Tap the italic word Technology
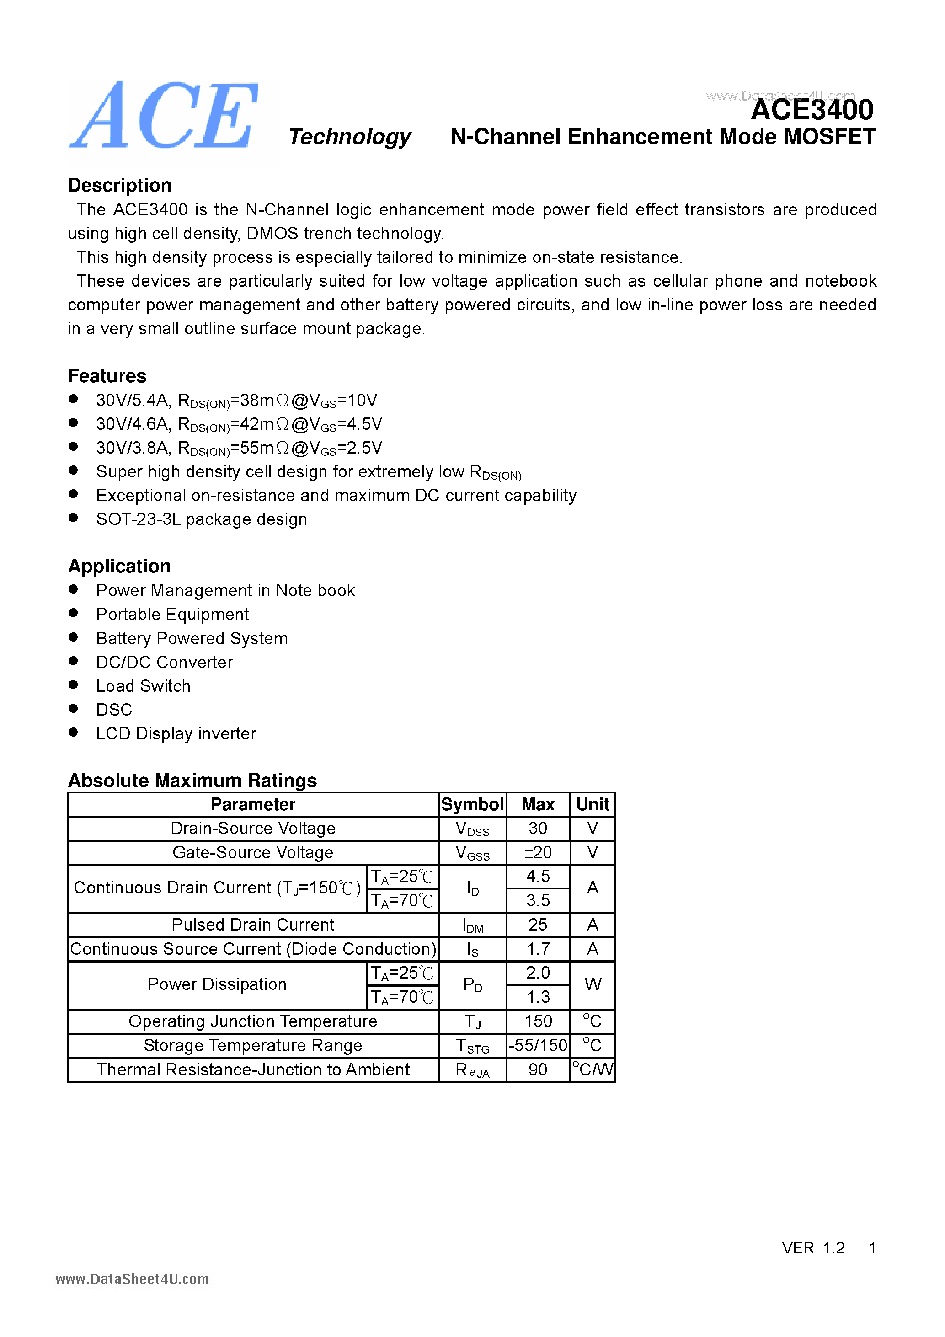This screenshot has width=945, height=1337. click(x=349, y=137)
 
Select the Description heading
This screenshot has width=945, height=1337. click(x=119, y=185)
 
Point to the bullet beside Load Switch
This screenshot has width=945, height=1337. click(x=73, y=685)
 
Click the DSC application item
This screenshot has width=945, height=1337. click(x=114, y=710)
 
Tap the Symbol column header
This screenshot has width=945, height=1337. click(x=472, y=804)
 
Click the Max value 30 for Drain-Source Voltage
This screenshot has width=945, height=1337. click(x=538, y=828)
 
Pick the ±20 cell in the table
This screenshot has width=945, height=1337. click(x=538, y=852)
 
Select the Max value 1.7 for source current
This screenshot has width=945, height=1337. click(x=538, y=949)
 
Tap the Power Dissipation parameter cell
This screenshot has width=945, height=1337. click(x=217, y=984)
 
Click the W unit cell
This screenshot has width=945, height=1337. click(x=592, y=984)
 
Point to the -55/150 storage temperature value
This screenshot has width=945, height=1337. click(x=538, y=1045)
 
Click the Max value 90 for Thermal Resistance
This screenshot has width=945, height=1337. click(x=538, y=1070)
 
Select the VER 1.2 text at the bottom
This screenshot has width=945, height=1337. click(x=813, y=1248)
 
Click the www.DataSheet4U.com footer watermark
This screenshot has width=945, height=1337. click(x=132, y=1279)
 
